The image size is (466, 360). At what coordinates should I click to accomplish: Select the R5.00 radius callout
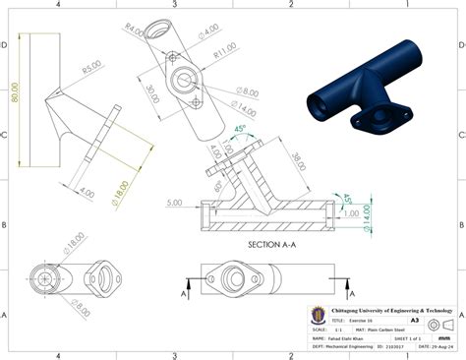click(x=90, y=69)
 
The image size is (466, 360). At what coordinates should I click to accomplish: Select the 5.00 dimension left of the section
click(x=176, y=204)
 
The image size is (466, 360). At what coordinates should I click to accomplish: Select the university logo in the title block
click(x=318, y=315)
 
